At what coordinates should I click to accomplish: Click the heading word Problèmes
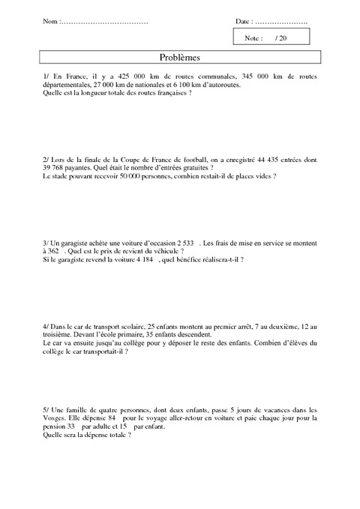(179, 57)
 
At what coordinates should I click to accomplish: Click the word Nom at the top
(49, 22)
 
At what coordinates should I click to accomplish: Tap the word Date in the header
(243, 22)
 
